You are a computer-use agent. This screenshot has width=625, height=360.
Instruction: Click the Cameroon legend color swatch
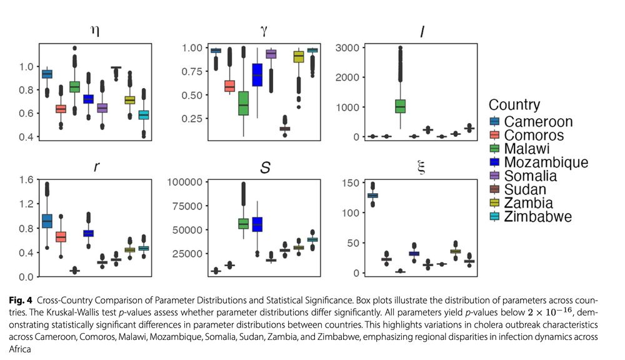[x=496, y=121]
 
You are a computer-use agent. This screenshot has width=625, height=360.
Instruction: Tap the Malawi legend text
[x=529, y=149]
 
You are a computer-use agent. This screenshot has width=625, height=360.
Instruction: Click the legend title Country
[x=514, y=104]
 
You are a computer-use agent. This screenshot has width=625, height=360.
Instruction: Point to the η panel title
[x=95, y=31]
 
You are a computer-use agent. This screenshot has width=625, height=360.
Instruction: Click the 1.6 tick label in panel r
[x=28, y=181]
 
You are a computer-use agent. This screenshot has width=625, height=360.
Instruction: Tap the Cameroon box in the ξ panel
[x=372, y=196]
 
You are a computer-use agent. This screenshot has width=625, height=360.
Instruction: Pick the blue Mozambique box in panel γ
[x=257, y=75]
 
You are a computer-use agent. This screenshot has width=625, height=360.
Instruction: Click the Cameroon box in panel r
[x=47, y=221]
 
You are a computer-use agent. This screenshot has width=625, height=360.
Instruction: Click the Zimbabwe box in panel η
[x=144, y=115]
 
